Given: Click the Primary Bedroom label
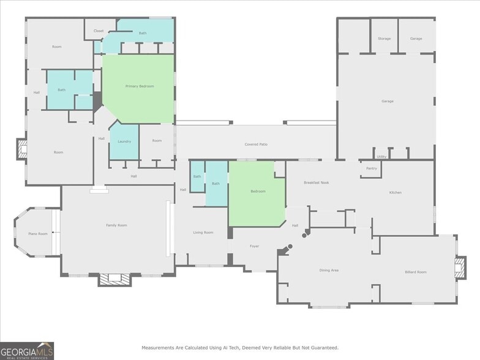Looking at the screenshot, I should [x=140, y=86].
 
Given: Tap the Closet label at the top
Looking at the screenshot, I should [x=99, y=31].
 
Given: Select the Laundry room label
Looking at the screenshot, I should [x=124, y=141].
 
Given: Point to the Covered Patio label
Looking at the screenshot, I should [x=256, y=144].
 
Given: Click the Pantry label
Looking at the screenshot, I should [x=371, y=168].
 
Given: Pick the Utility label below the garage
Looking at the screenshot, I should [x=381, y=157].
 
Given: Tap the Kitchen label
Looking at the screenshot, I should [x=396, y=193].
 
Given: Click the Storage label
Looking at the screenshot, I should [x=384, y=39].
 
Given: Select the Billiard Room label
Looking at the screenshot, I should [x=416, y=272].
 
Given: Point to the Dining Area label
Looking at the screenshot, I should [x=329, y=270].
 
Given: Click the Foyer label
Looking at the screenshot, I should [x=254, y=246].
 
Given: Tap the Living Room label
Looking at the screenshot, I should [x=203, y=233].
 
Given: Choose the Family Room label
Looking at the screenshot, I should [x=116, y=225].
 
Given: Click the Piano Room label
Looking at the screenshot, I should [x=37, y=233].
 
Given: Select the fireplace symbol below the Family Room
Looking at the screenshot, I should [x=114, y=279].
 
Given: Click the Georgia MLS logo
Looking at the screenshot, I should [x=27, y=350].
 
